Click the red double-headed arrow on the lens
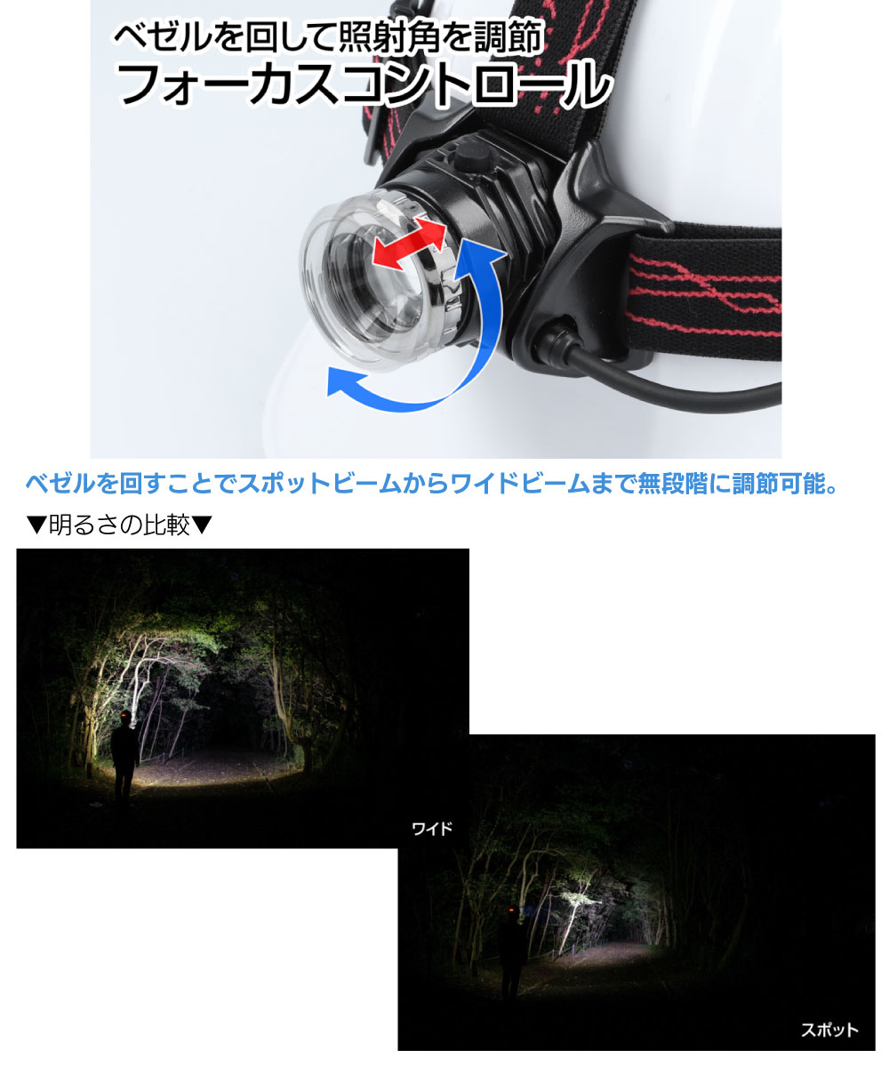pos(409,242)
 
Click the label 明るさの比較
pos(120,525)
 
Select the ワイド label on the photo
pos(432,829)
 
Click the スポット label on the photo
pos(829,1030)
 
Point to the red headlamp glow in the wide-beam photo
pos(124,713)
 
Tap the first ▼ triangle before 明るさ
pos(36,525)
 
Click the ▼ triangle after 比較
pos(202,525)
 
